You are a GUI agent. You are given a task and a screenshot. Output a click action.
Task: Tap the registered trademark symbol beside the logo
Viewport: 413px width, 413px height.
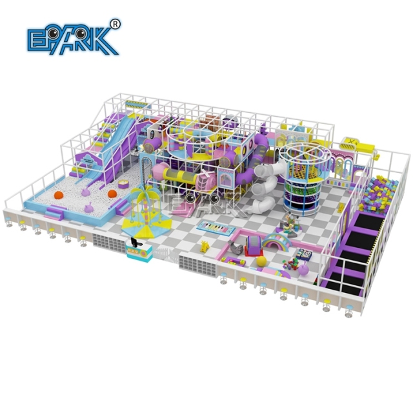(x=116, y=24)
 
